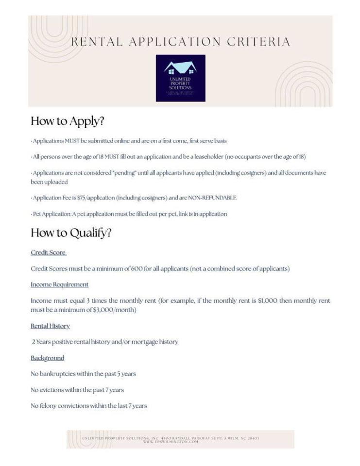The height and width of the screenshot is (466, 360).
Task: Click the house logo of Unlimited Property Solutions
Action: coord(180,78)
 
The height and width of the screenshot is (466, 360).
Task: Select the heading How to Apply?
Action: coord(67,121)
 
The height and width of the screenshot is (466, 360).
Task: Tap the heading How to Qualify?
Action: coord(71,233)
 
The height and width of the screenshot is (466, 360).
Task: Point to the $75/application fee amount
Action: coord(96,198)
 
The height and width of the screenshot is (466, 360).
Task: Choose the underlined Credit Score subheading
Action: coord(48,252)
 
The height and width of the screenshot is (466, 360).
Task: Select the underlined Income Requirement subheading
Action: coord(59,284)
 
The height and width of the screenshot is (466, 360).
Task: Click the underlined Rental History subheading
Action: coord(50,326)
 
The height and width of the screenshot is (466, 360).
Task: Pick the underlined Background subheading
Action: coord(47,358)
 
